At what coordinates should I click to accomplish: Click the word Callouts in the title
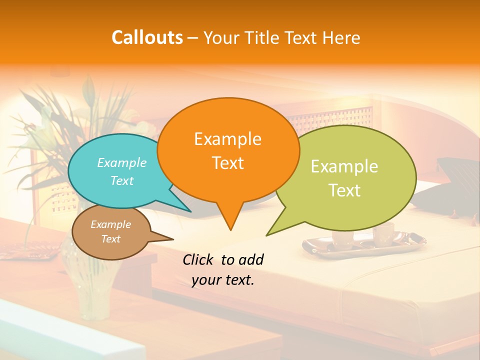147,37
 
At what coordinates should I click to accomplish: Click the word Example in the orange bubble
227,139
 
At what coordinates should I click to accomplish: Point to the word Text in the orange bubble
227,163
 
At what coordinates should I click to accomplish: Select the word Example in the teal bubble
121,162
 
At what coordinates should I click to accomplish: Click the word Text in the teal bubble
121,180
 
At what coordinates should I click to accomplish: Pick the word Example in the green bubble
344,166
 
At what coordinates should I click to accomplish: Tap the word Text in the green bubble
344,190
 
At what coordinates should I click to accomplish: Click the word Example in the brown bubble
110,224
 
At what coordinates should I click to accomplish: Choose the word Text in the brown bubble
110,239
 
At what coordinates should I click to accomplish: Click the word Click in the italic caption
199,259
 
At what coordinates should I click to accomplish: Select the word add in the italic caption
250,259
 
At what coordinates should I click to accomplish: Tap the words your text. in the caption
222,280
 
